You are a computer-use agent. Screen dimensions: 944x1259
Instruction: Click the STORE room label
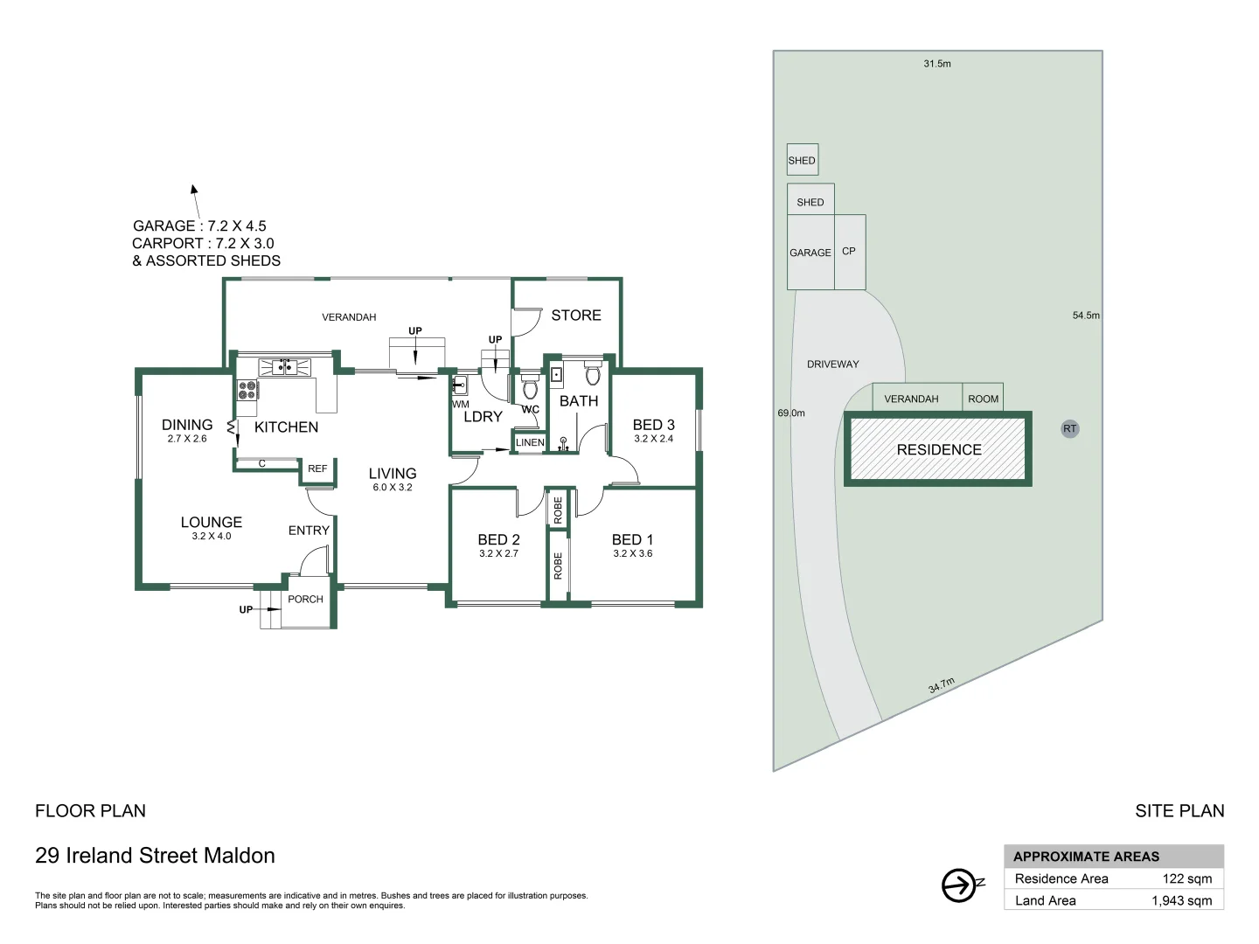point(575,316)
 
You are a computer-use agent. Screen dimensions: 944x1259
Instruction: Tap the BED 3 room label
point(653,425)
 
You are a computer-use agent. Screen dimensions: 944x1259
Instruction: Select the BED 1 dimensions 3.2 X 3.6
point(632,553)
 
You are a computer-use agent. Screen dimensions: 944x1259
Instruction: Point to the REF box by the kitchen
point(317,469)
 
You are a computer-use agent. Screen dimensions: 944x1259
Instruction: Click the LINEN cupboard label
point(530,443)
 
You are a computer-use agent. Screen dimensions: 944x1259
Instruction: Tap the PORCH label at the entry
point(305,600)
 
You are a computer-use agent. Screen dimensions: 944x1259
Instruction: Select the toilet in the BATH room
point(593,375)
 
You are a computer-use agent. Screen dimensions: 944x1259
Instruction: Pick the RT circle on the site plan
point(1069,429)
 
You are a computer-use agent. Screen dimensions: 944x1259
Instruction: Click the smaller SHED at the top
point(802,160)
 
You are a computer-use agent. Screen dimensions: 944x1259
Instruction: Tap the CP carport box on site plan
point(849,252)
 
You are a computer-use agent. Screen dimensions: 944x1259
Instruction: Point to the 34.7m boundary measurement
point(941,685)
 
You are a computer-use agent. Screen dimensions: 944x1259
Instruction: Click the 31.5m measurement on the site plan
point(937,64)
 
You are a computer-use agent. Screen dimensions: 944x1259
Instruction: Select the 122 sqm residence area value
point(1186,879)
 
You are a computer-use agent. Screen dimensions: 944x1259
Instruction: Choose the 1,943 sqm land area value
point(1181,901)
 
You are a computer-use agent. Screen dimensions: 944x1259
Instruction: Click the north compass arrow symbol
point(960,885)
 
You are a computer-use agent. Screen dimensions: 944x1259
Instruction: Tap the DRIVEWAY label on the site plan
point(832,364)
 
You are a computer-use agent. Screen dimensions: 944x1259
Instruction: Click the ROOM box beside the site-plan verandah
point(983,399)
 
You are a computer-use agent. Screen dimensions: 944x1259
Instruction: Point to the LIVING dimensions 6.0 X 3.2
point(392,488)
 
